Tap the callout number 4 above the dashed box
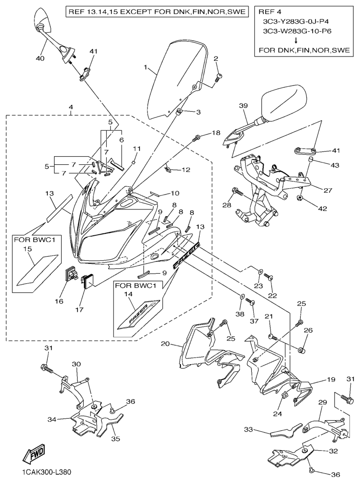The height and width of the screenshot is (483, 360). (71, 106)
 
